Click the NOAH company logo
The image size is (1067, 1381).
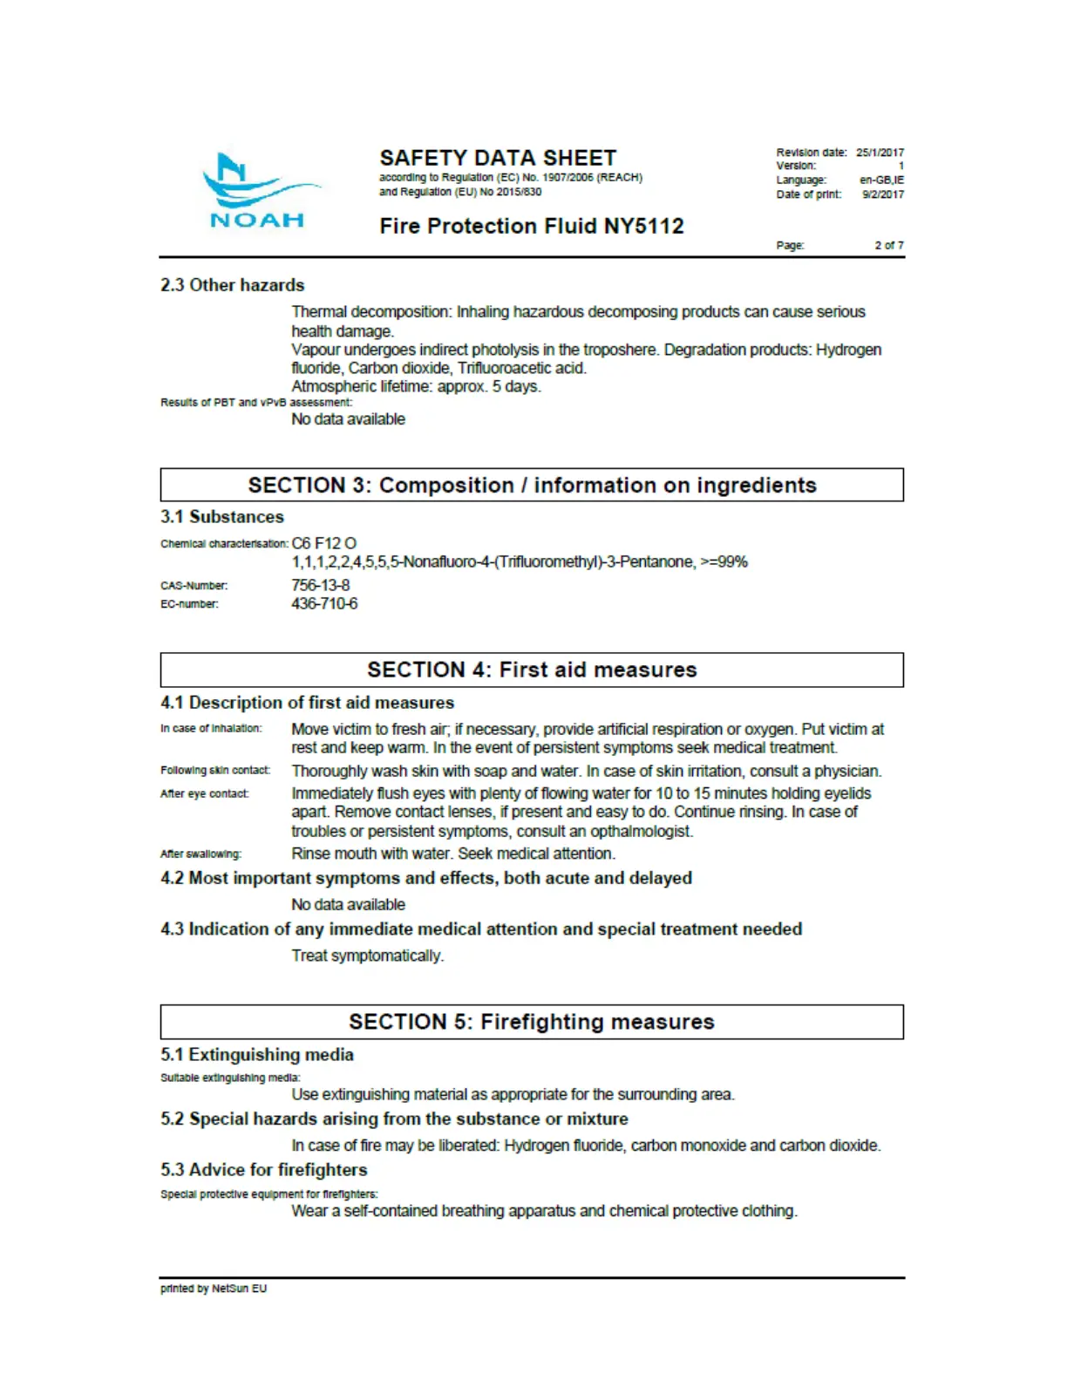258,191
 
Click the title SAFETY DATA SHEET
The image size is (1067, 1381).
498,158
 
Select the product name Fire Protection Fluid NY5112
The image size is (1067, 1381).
531,227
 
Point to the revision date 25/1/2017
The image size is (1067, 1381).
880,153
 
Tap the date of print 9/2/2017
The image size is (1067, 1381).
883,194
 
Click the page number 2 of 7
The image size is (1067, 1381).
889,245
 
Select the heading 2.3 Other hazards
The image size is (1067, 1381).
232,285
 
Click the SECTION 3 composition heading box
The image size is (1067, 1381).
532,486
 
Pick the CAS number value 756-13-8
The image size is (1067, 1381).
321,585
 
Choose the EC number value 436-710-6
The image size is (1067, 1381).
324,603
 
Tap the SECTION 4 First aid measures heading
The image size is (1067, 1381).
532,670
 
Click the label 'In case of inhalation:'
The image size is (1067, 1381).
211,728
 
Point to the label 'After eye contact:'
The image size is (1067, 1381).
205,793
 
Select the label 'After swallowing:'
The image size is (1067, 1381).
201,854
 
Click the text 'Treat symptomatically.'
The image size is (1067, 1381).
367,956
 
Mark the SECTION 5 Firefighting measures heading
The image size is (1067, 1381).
532,1022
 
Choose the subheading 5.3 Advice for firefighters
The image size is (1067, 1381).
263,1170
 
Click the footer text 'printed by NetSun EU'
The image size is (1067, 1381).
214,1289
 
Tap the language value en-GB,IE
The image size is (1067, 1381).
881,180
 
